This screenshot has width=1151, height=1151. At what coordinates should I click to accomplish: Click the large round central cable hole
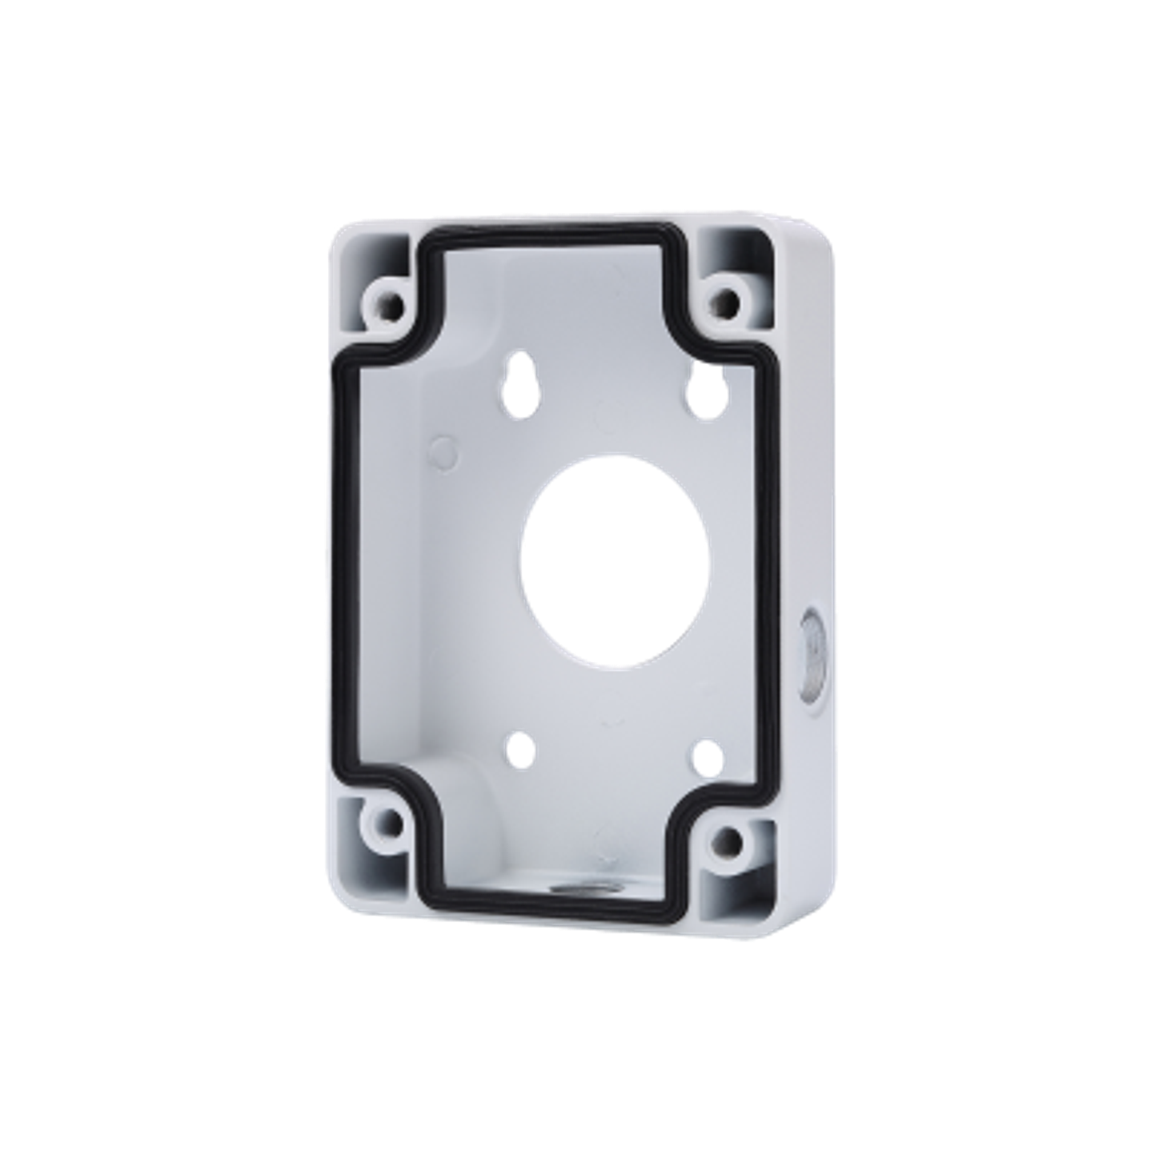pyautogui.click(x=614, y=561)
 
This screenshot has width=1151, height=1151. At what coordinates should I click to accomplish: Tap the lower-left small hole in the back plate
pyautogui.click(x=523, y=748)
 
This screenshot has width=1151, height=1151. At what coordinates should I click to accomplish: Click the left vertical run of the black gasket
pyautogui.click(x=342, y=560)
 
